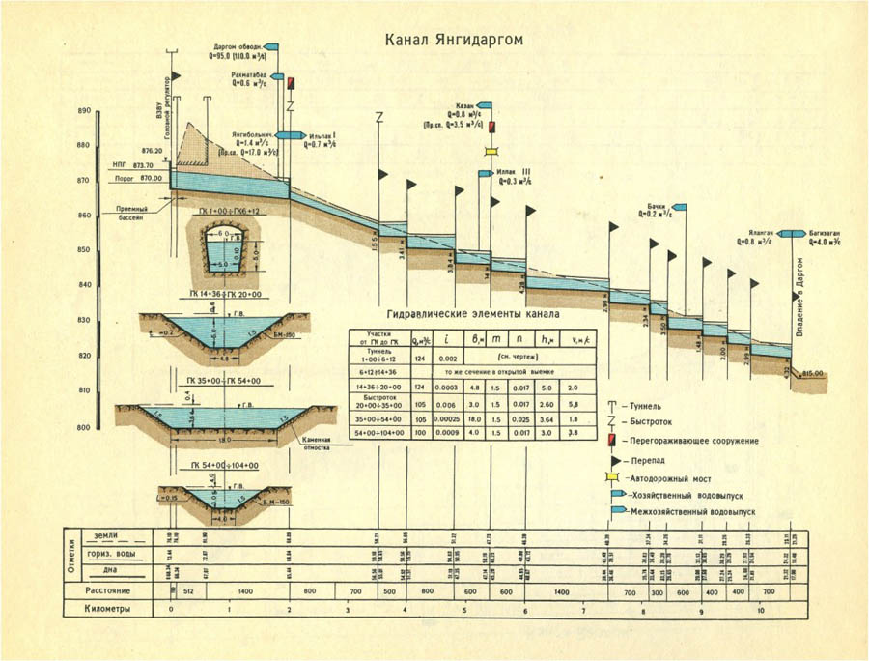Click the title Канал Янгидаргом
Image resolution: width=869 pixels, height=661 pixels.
[454, 41]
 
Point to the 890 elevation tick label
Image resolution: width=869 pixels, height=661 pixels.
[83, 112]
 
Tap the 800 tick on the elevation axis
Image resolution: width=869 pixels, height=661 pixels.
[83, 426]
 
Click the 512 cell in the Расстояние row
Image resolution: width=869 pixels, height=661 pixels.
[188, 590]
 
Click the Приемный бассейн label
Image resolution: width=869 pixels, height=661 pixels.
[131, 214]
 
